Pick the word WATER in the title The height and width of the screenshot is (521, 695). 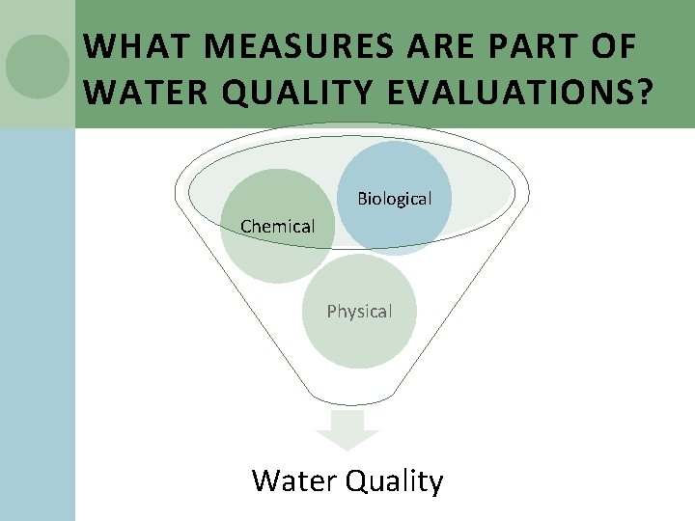click(135, 94)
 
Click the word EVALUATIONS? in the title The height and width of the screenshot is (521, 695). click(521, 94)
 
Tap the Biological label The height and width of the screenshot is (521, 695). click(394, 199)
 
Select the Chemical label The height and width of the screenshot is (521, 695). click(278, 227)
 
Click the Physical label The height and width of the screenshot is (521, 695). click(359, 312)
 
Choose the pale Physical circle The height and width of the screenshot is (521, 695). click(359, 343)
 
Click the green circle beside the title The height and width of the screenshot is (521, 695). click(38, 66)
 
